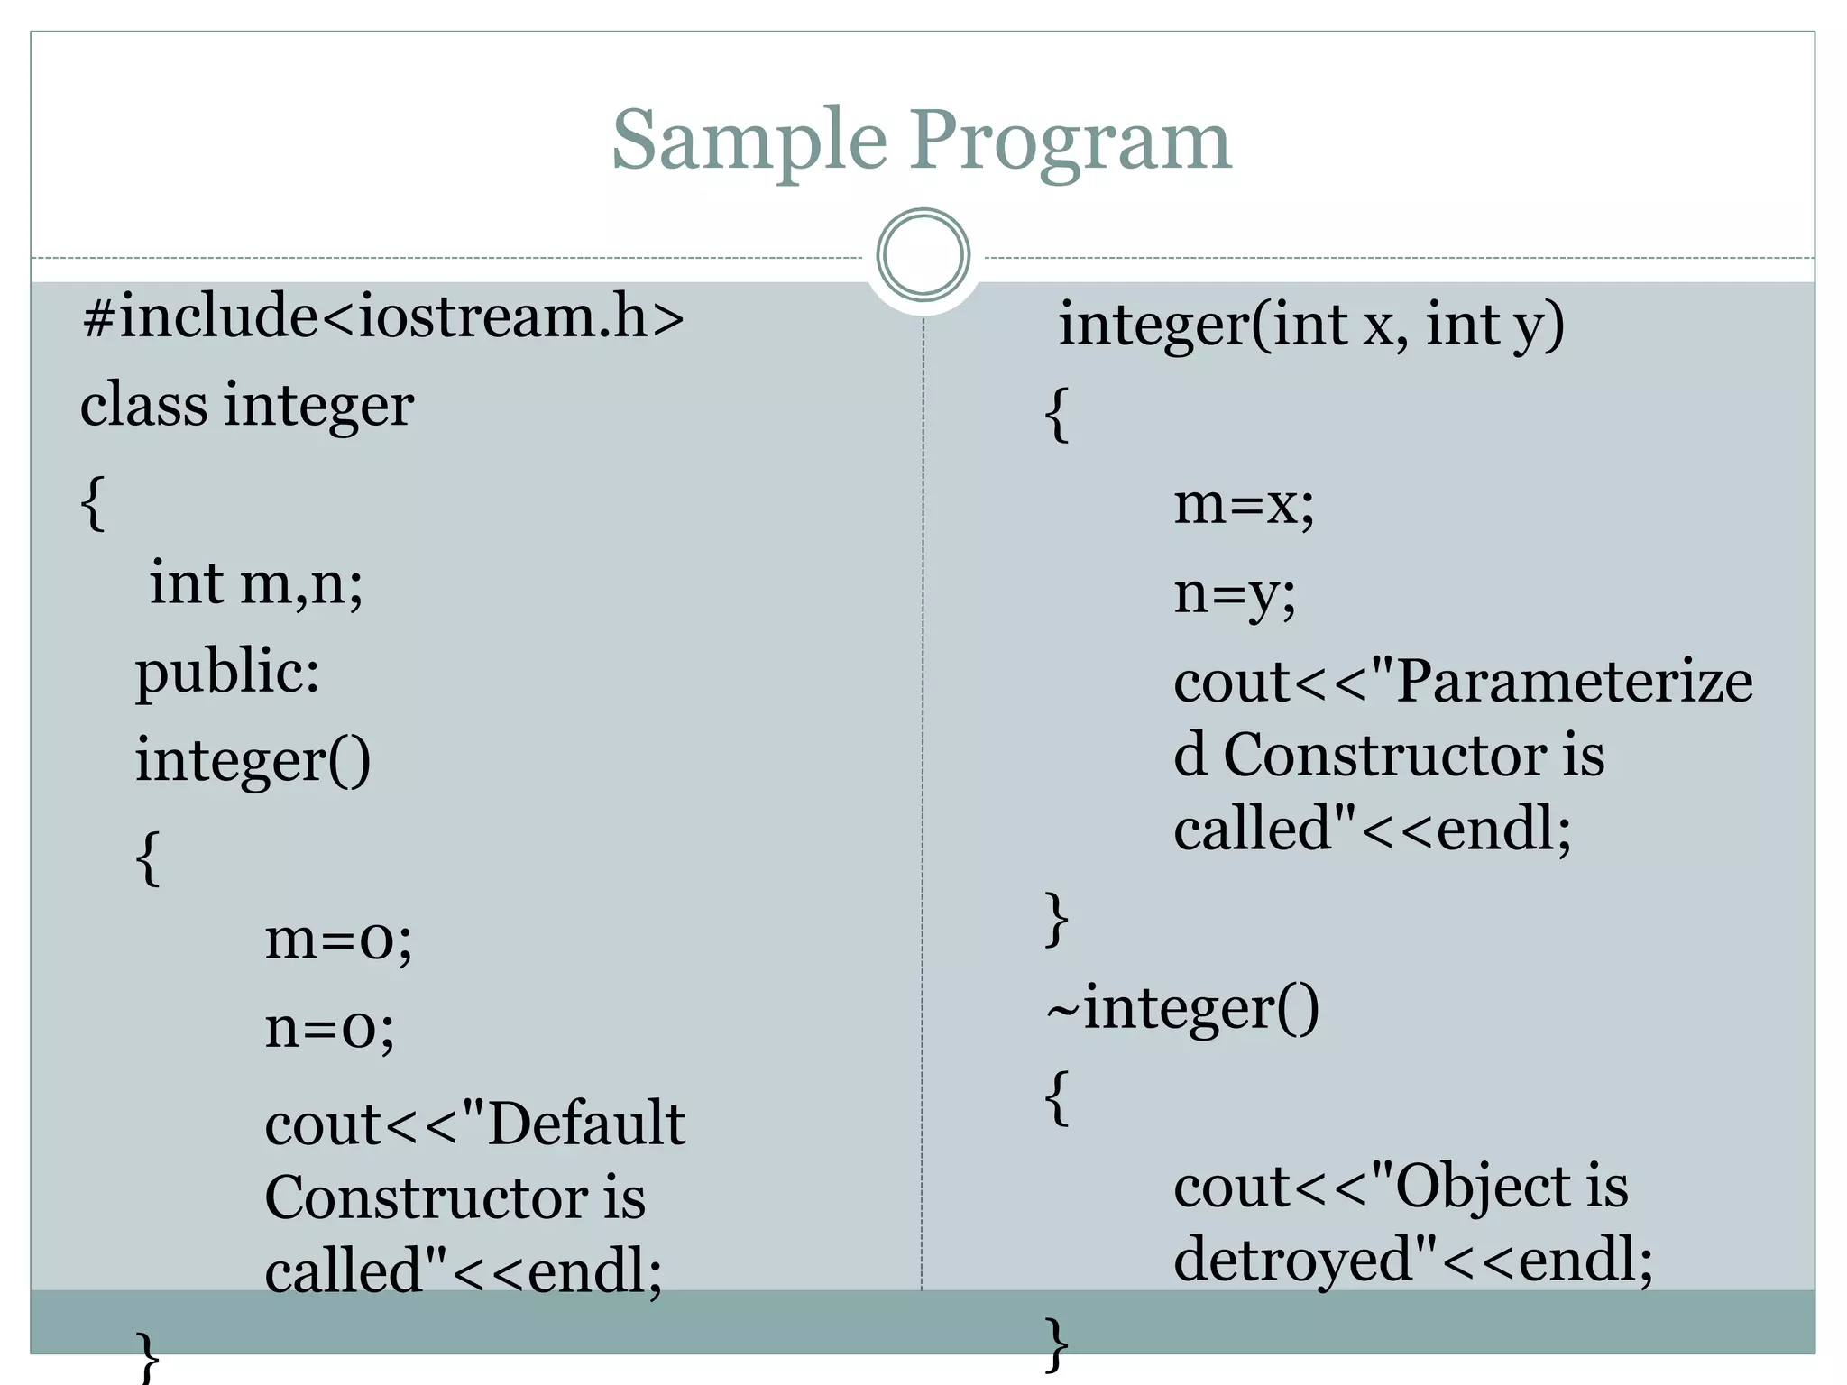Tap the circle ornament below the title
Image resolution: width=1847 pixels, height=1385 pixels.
click(923, 254)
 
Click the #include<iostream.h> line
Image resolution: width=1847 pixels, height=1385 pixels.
click(383, 316)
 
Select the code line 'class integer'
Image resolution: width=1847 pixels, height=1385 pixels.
click(247, 405)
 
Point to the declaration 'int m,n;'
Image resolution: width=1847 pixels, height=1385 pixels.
click(256, 583)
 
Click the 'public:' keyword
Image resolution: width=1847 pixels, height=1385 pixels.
click(227, 673)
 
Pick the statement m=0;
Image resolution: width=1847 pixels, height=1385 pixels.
click(338, 939)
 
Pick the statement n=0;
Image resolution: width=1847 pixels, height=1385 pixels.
click(329, 1027)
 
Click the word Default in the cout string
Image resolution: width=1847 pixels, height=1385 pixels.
click(586, 1124)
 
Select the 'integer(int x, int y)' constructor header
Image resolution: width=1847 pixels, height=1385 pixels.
click(1310, 325)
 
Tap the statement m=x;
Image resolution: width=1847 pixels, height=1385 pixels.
click(1244, 504)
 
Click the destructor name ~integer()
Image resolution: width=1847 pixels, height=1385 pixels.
click(1182, 1008)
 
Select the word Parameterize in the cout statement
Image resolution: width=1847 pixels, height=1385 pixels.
click(1574, 681)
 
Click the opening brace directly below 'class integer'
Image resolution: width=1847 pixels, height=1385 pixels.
click(93, 502)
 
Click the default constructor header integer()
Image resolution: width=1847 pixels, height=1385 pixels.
click(253, 760)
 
